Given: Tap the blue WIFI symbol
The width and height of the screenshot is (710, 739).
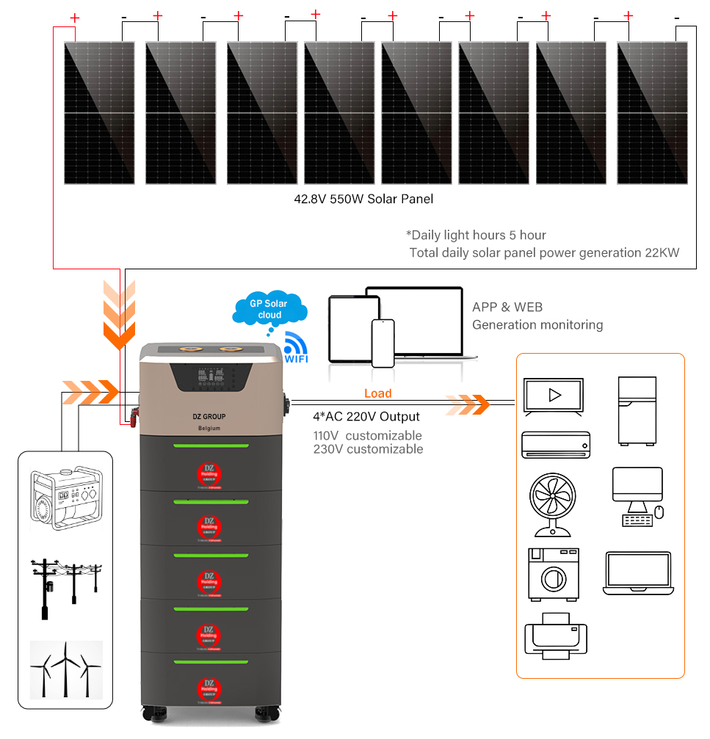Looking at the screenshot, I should pyautogui.click(x=297, y=347).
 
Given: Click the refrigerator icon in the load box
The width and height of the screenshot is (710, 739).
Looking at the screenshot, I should pyautogui.click(x=637, y=410).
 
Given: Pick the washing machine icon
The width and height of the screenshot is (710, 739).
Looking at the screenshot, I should pyautogui.click(x=552, y=575).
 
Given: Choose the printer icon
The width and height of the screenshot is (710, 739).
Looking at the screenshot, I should pyautogui.click(x=555, y=635).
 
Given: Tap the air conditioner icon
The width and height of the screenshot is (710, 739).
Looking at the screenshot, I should pyautogui.click(x=555, y=445).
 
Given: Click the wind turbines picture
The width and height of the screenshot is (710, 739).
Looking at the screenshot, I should pyautogui.click(x=65, y=670).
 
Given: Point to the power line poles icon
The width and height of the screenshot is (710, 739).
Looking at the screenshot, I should pyautogui.click(x=65, y=587).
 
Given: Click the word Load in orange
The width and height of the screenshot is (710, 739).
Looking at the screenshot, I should pyautogui.click(x=378, y=394).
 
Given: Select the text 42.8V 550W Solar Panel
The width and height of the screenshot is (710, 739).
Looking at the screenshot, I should pyautogui.click(x=363, y=199).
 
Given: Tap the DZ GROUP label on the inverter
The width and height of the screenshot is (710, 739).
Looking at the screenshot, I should pyautogui.click(x=204, y=416).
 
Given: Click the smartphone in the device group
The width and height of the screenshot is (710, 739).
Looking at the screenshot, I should pyautogui.click(x=383, y=342).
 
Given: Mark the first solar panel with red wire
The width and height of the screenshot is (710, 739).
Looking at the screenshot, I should pyautogui.click(x=99, y=112).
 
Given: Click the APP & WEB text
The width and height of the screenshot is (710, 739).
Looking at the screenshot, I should pyautogui.click(x=507, y=307).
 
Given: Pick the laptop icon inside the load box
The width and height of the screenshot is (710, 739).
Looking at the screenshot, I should pyautogui.click(x=637, y=573).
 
